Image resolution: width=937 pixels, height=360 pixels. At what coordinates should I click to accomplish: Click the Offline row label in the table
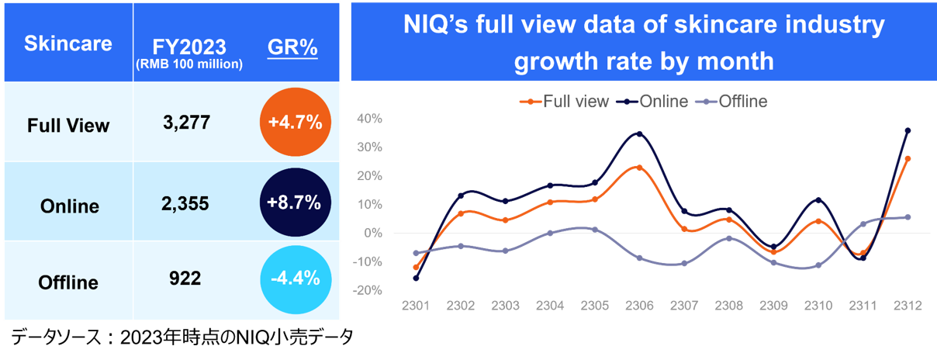pyautogui.click(x=68, y=282)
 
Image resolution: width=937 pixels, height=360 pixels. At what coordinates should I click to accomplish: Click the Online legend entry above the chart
pyautogui.click(x=660, y=102)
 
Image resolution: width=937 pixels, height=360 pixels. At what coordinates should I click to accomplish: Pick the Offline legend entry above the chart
pyautogui.click(x=742, y=102)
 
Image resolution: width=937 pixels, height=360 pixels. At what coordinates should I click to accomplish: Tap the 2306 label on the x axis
pyautogui.click(x=638, y=306)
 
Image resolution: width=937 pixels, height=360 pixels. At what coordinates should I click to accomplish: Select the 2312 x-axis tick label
pyautogui.click(x=907, y=306)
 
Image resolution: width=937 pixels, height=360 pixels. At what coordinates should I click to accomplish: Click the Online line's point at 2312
pyautogui.click(x=908, y=130)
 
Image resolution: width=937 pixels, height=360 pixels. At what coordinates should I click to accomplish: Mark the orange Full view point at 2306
pyautogui.click(x=638, y=167)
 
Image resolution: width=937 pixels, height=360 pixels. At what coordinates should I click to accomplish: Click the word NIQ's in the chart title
pyautogui.click(x=438, y=26)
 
